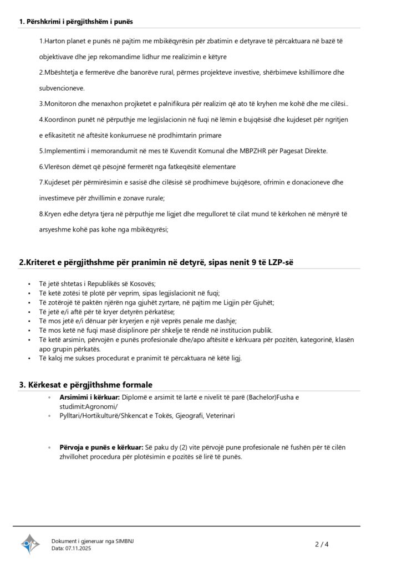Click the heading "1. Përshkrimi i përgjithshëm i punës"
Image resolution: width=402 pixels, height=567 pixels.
[76, 22]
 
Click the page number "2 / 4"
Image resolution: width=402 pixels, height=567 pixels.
[322, 544]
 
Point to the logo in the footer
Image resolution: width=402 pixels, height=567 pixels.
[30, 544]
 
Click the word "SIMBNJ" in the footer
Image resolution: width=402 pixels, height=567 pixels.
[124, 541]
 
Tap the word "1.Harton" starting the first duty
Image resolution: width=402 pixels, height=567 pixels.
[54, 42]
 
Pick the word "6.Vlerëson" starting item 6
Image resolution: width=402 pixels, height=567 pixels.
[58, 166]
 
